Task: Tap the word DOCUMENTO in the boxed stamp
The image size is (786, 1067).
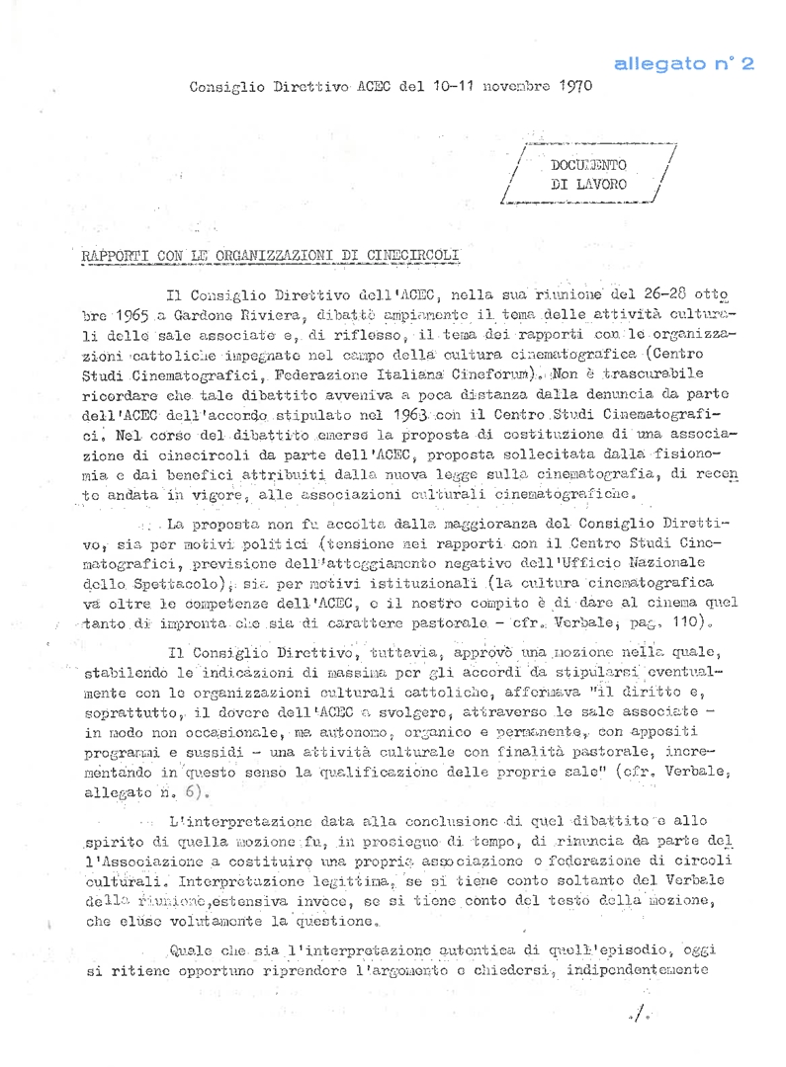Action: (594, 165)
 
